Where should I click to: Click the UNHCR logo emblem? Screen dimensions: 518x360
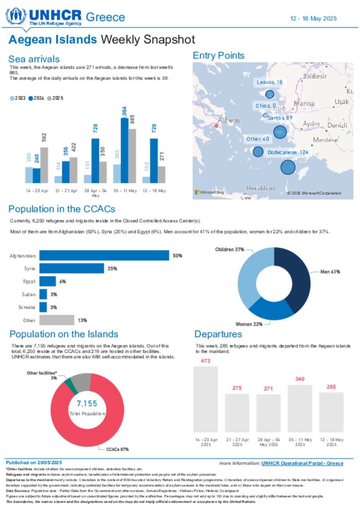tap(16, 16)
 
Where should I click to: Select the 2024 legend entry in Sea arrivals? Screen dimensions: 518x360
tap(37, 98)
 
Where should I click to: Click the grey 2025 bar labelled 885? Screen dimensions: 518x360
tap(132, 156)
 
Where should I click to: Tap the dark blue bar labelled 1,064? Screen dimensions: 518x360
tap(124, 150)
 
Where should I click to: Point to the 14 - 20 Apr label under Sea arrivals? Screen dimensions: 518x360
tap(37, 191)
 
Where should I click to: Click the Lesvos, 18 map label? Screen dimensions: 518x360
tap(269, 82)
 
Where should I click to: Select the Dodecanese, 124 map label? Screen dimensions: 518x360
tap(288, 152)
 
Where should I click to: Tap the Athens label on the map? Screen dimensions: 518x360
tap(229, 120)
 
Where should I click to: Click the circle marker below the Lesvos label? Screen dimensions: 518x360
tap(270, 94)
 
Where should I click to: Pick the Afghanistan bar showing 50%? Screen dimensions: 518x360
tap(104, 255)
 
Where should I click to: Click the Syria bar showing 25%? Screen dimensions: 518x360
tap(72, 269)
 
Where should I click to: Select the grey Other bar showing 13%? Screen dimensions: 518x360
tap(57, 320)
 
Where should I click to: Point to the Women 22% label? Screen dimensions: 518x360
tap(249, 324)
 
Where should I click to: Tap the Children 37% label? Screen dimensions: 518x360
tap(230, 249)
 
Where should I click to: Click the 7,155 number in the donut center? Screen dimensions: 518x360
tap(87, 404)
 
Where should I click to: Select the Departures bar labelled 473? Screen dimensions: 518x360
tap(206, 399)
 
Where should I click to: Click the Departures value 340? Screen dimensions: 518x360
tap(300, 379)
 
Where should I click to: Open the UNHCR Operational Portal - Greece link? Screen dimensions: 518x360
tap(302, 463)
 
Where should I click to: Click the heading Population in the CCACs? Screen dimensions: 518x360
tap(62, 209)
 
